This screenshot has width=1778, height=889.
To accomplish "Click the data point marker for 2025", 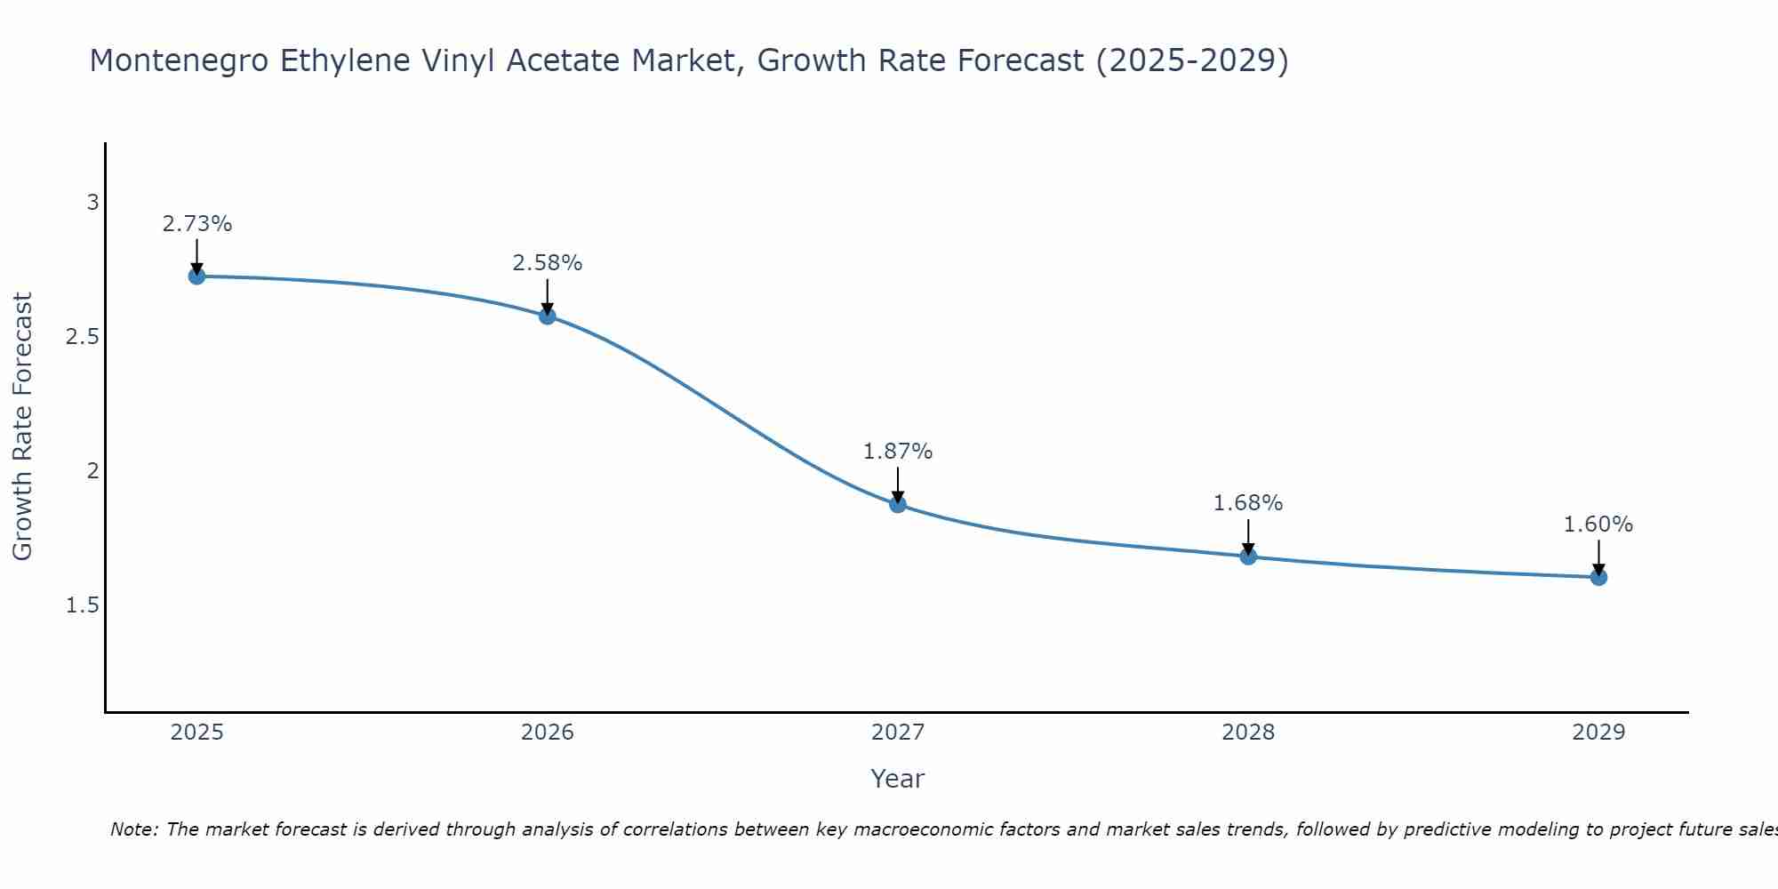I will point(196,276).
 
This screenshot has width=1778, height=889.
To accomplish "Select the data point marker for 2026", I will point(548,316).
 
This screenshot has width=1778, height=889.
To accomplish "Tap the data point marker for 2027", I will point(898,504).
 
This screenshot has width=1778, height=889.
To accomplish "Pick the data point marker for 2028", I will point(1248,557).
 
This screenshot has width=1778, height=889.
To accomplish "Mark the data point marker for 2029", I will point(1598,577).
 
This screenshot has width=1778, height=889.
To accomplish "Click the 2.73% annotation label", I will point(196,224).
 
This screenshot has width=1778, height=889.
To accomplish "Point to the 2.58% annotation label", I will point(548,263).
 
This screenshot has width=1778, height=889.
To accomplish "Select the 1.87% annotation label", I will point(898,452).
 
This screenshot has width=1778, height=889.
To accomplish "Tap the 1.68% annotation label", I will point(1248,503).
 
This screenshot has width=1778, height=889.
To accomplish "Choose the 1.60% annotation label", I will point(1598,525).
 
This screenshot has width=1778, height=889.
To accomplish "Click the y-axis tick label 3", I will point(92,203).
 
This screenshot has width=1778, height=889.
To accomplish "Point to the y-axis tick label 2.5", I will point(82,337).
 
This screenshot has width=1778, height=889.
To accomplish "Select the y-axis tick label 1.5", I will point(82,605).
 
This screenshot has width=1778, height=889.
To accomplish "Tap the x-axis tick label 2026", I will point(548,733).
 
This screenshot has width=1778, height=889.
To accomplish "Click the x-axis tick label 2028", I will point(1248,733).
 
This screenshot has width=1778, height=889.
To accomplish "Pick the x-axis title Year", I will point(898,779).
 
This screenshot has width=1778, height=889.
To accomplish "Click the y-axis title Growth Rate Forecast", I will point(22,427).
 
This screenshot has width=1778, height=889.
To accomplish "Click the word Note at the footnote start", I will point(133,829).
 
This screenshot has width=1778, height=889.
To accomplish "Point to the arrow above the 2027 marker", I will point(898,485).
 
